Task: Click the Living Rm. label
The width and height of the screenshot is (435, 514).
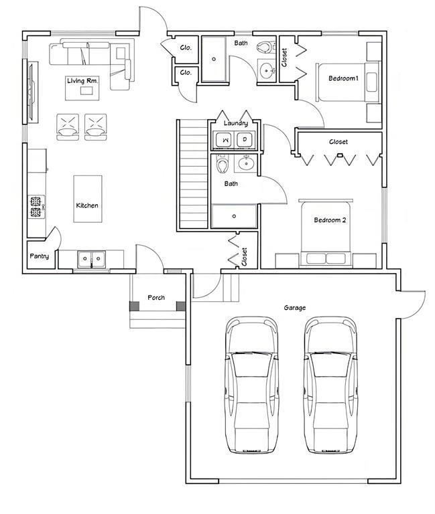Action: coord(82,80)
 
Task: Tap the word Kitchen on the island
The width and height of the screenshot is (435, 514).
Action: coord(87,205)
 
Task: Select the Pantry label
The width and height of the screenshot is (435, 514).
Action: coord(40,256)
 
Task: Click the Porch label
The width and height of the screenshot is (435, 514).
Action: coord(156,297)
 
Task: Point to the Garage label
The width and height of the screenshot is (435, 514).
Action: coord(294,307)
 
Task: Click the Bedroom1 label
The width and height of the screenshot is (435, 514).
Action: coord(343,78)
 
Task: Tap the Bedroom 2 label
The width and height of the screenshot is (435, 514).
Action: coord(330,220)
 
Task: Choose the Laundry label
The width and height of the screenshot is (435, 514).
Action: coord(236,123)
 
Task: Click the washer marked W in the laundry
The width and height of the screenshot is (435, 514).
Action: coord(225,140)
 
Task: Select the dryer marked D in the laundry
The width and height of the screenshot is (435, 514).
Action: coord(245,140)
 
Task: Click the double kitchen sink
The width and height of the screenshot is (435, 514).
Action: coord(92,259)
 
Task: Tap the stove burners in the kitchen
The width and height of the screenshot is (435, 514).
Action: coord(36,207)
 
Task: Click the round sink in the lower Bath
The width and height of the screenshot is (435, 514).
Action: coord(245,163)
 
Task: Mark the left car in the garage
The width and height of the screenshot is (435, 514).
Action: coord(251,385)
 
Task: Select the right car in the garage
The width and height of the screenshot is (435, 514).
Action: coord(330,385)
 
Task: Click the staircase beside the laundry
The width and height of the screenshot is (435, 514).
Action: coord(194,174)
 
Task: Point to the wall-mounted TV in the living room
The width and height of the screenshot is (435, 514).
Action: coord(32,92)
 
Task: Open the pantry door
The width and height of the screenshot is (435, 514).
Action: coord(53,235)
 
